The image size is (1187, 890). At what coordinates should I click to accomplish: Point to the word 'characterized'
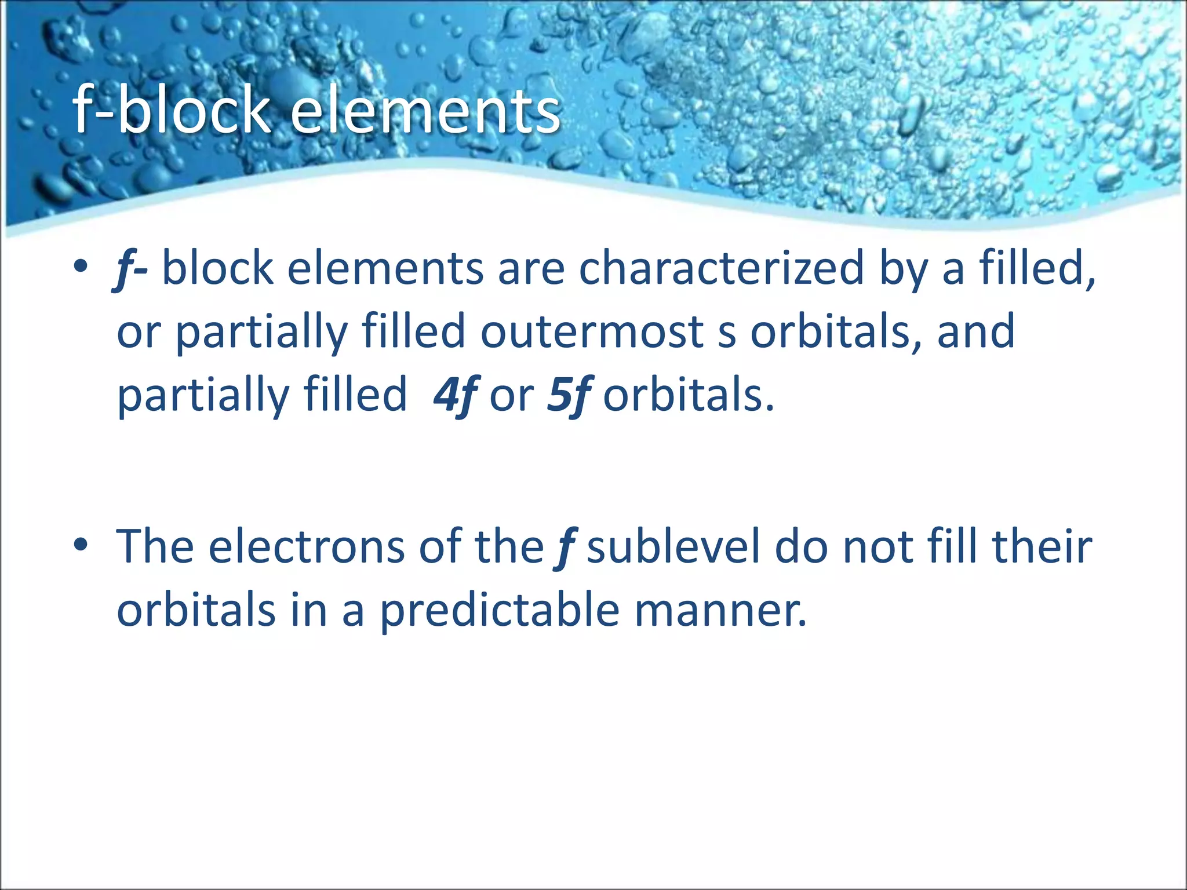722,268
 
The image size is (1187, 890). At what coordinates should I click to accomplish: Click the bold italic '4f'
455,395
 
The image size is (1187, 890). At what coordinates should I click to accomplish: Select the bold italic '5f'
569,395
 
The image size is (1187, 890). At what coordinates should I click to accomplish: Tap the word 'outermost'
592,331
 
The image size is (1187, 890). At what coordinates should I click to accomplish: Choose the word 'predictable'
500,610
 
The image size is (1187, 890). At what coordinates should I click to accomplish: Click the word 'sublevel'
673,546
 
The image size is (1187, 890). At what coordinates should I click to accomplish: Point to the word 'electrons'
307,547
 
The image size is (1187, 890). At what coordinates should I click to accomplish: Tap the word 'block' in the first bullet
217,268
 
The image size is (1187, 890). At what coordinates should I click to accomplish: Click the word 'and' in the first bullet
976,331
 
